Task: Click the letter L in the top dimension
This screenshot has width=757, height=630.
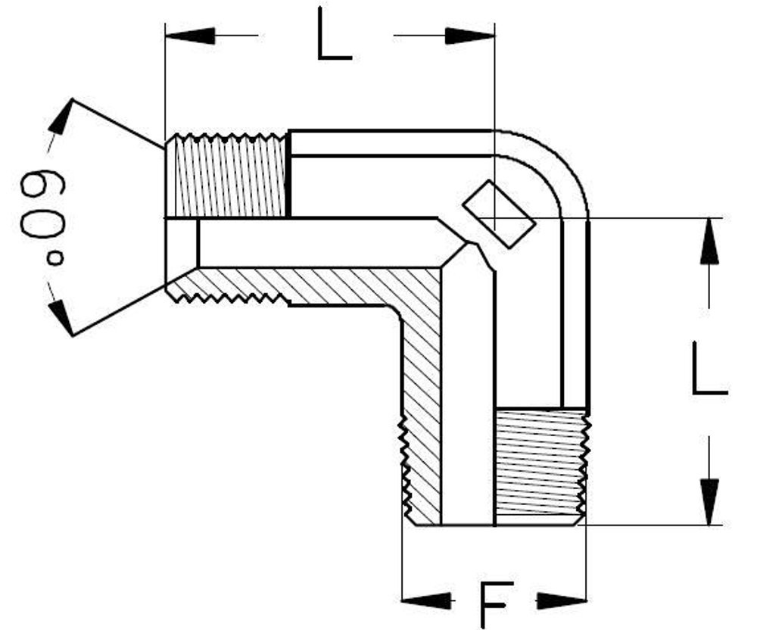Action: [334, 35]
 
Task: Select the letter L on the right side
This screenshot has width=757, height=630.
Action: [709, 369]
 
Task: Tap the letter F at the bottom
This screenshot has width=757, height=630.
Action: [496, 603]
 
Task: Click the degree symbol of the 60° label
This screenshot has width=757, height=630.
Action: [55, 258]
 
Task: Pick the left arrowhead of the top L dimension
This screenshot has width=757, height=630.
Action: [189, 36]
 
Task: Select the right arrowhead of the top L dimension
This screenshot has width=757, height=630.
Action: [470, 36]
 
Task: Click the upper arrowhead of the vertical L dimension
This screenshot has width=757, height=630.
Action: [709, 242]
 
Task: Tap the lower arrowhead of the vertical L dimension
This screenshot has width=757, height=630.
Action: [709, 501]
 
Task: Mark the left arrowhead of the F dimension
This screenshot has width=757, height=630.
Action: [427, 601]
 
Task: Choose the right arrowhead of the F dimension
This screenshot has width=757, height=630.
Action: [562, 601]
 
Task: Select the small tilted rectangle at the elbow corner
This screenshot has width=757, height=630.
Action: [499, 214]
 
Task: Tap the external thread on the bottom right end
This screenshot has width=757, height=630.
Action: [540, 466]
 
